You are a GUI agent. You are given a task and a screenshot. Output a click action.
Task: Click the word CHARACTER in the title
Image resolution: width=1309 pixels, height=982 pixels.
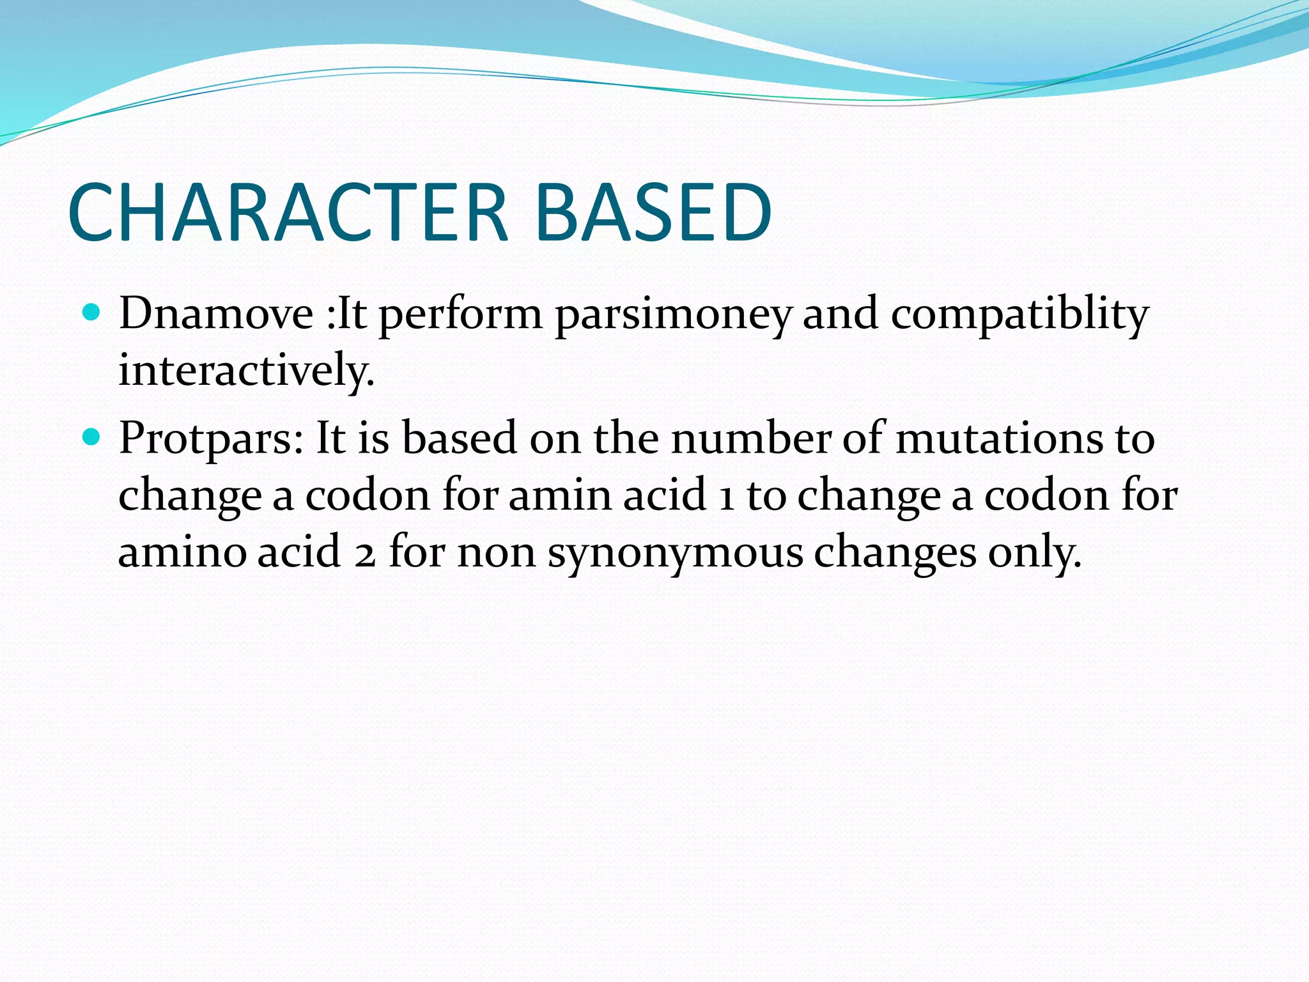pyautogui.click(x=288, y=212)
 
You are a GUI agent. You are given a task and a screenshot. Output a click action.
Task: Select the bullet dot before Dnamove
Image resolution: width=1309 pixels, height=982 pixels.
pyautogui.click(x=92, y=313)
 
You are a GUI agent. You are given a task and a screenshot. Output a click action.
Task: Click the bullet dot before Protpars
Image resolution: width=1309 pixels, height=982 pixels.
pyautogui.click(x=92, y=437)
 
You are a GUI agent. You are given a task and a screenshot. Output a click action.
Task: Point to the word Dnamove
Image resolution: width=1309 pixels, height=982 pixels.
pyautogui.click(x=216, y=315)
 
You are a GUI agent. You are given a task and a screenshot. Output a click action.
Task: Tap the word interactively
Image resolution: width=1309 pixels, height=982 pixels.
pyautogui.click(x=246, y=370)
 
